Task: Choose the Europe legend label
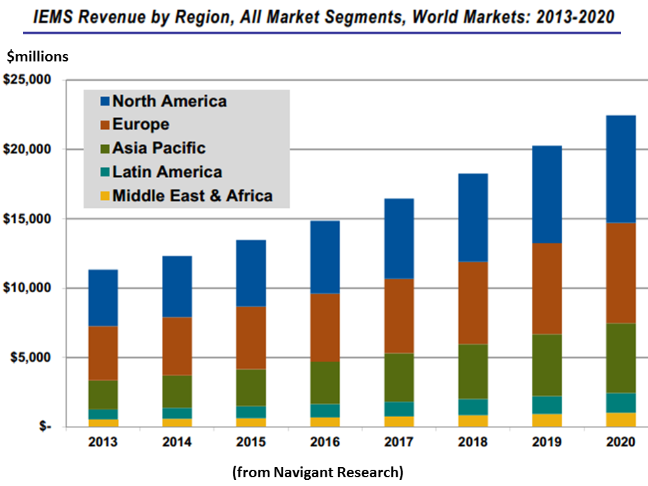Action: pos(140,125)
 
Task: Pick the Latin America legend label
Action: pos(167,172)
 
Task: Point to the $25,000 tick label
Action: pos(28,80)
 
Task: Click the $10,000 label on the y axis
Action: pos(28,288)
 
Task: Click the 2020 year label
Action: pos(617,443)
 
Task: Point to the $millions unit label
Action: pos(38,57)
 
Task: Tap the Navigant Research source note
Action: pos(317,472)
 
